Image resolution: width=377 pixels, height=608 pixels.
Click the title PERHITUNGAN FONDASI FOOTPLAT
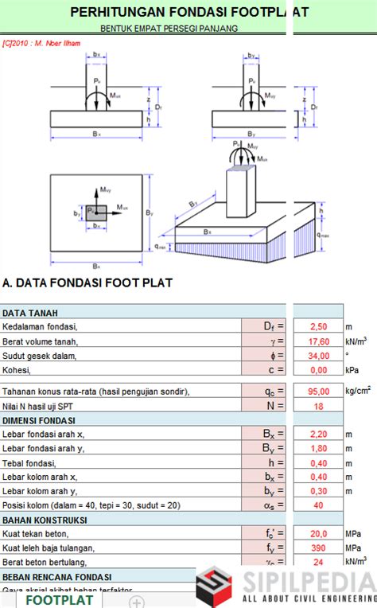click(x=188, y=12)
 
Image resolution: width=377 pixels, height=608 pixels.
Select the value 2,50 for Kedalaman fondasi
click(x=318, y=326)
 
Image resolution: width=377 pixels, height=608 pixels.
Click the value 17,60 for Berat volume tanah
click(x=317, y=341)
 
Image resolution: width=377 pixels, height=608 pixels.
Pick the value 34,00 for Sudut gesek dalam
click(x=317, y=355)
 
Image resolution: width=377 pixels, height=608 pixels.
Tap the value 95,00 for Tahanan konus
click(x=317, y=392)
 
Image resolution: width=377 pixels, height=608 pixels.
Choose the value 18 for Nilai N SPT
click(x=318, y=406)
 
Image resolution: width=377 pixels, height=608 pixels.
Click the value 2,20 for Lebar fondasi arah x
click(x=317, y=435)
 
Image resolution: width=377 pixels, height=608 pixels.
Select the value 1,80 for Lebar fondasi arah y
click(x=317, y=449)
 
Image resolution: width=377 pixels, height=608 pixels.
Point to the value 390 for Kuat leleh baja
click(x=318, y=548)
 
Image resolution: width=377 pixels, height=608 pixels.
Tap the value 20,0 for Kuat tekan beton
click(x=317, y=533)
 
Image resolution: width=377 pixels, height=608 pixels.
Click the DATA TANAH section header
click(x=29, y=313)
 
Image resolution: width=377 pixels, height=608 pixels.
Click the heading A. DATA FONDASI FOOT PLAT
click(x=87, y=283)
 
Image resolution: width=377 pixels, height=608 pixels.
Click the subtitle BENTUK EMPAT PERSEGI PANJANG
click(x=169, y=29)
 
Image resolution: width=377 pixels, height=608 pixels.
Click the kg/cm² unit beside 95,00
click(x=357, y=392)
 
